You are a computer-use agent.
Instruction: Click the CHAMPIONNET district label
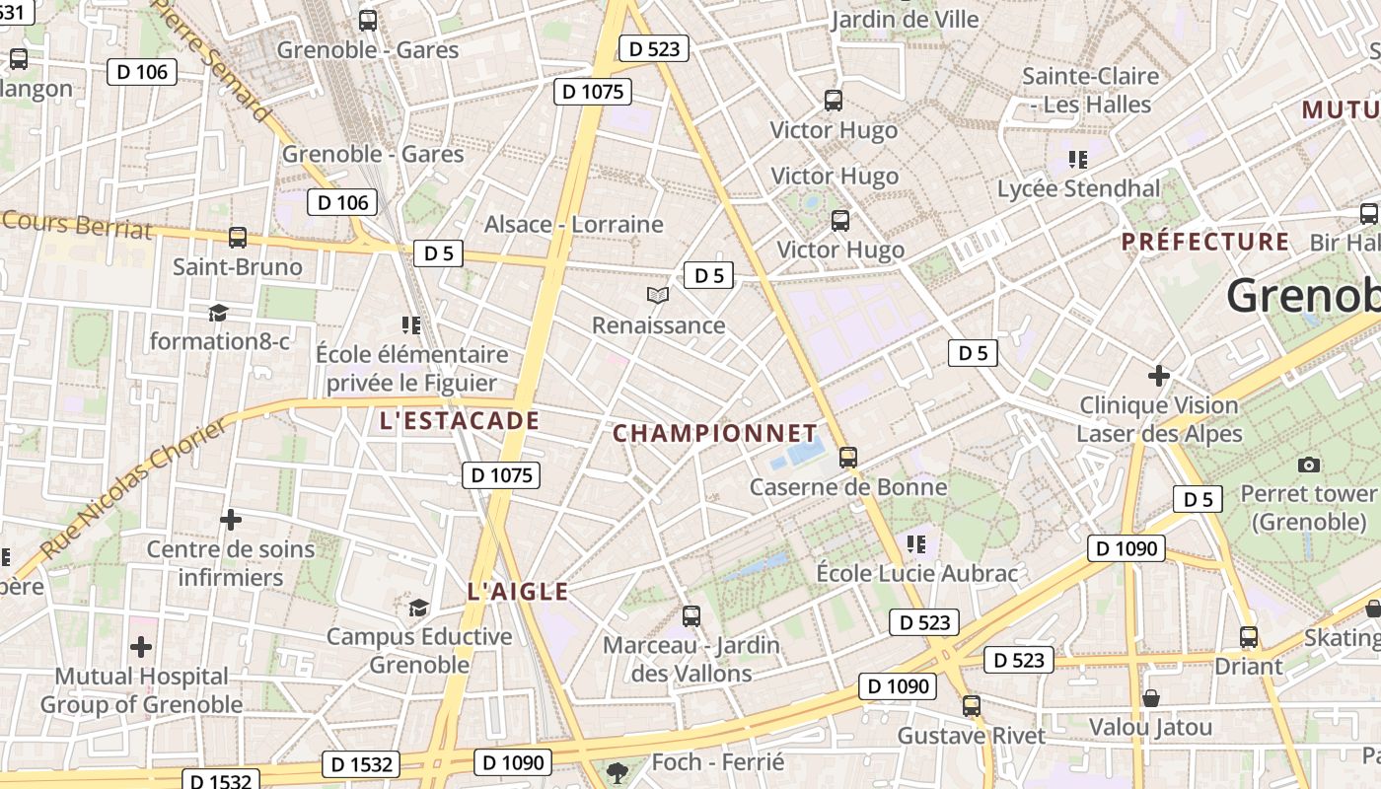point(715,434)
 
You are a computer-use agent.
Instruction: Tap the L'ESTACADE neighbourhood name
point(459,422)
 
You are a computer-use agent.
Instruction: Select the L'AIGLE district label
point(518,592)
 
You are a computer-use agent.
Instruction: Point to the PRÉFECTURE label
point(1205,243)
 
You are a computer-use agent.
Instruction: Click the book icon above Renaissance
point(658,295)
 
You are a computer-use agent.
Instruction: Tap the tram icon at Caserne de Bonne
point(847,457)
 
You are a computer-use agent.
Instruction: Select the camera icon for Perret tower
point(1309,465)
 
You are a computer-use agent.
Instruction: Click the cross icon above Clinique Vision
point(1159,376)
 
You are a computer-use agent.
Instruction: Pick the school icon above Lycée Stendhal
point(1077,159)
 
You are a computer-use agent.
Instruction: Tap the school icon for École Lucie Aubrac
point(916,543)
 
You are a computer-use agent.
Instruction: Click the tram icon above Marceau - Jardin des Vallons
point(691,616)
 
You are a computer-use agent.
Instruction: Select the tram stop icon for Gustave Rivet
point(972,706)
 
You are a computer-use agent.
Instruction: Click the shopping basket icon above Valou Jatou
point(1150,699)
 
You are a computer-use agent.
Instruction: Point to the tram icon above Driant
point(1249,637)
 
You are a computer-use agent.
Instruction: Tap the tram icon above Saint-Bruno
point(238,238)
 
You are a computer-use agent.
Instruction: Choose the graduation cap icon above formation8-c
point(218,313)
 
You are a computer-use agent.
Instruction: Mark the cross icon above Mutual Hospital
point(141,647)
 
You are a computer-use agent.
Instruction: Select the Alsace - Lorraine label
point(573,225)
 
